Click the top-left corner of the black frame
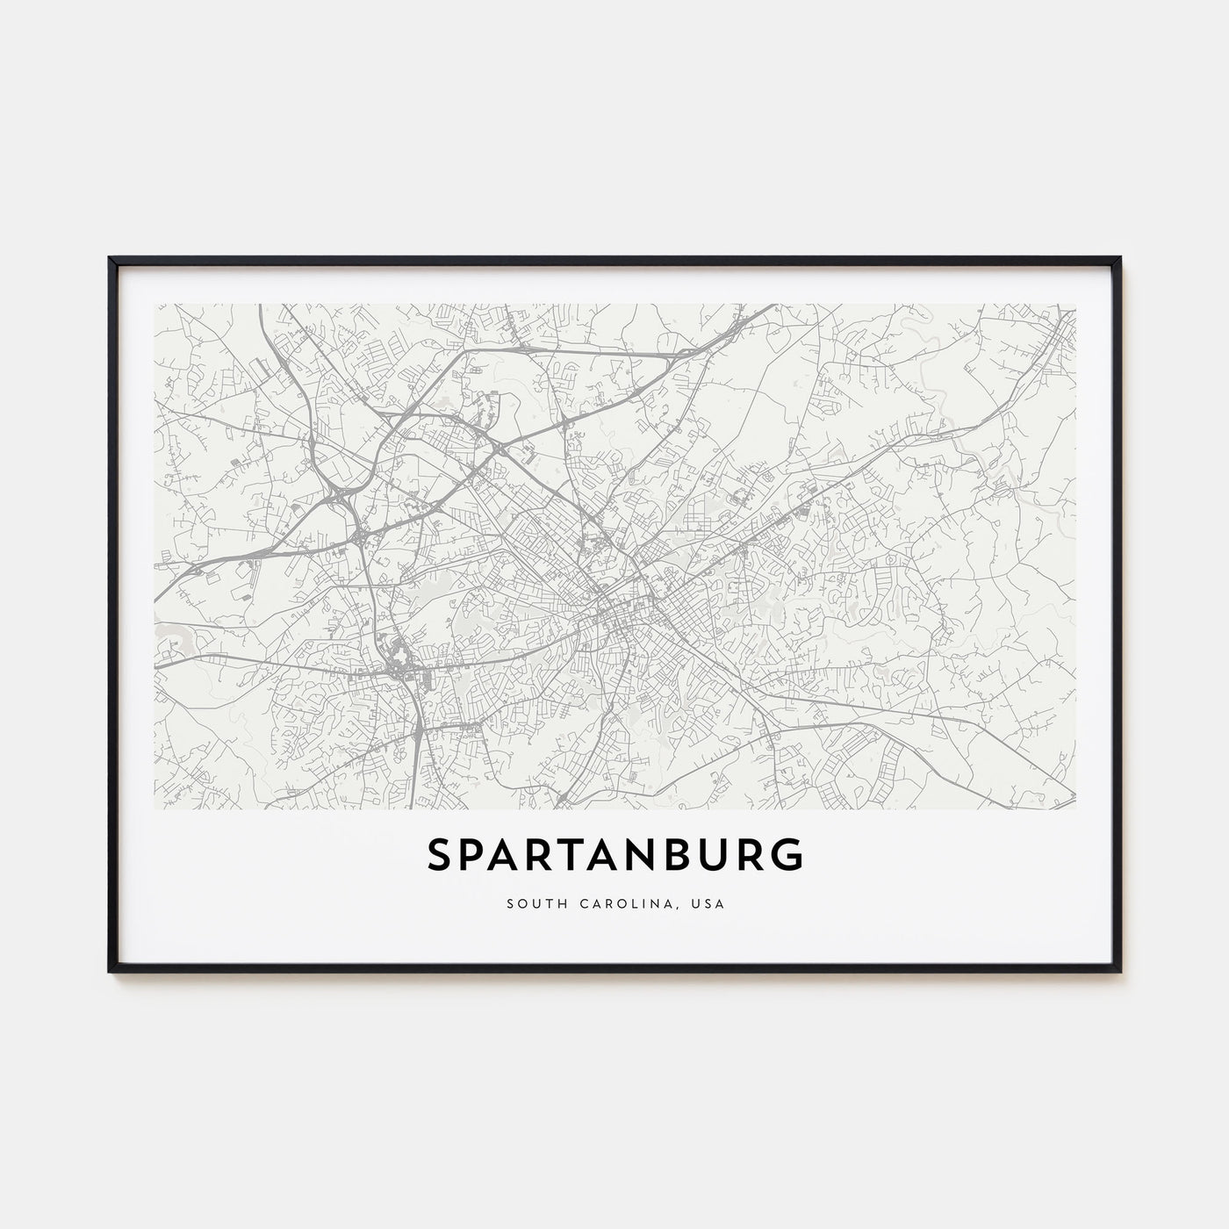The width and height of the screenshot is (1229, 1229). pos(111,259)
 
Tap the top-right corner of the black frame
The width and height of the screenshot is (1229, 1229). pos(1119,259)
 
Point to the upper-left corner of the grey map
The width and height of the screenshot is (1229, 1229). pos(155,305)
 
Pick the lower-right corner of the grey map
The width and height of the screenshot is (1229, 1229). pos(1074,808)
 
